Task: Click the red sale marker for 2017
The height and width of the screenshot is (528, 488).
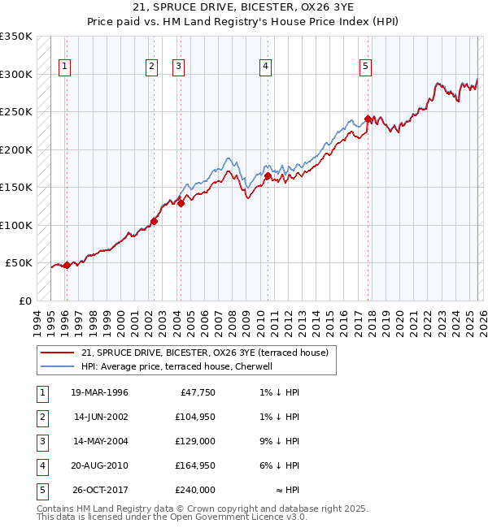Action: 368,119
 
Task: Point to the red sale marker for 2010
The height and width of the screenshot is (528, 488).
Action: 268,175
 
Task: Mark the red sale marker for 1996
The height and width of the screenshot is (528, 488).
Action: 67,265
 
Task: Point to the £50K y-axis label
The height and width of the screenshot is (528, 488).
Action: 19,263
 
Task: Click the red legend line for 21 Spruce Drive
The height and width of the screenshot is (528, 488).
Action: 58,353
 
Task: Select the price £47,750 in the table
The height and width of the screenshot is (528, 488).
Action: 197,392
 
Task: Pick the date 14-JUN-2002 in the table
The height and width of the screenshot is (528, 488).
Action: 99,417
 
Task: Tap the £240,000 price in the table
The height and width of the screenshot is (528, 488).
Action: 195,490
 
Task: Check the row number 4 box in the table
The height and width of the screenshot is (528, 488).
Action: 41,465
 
